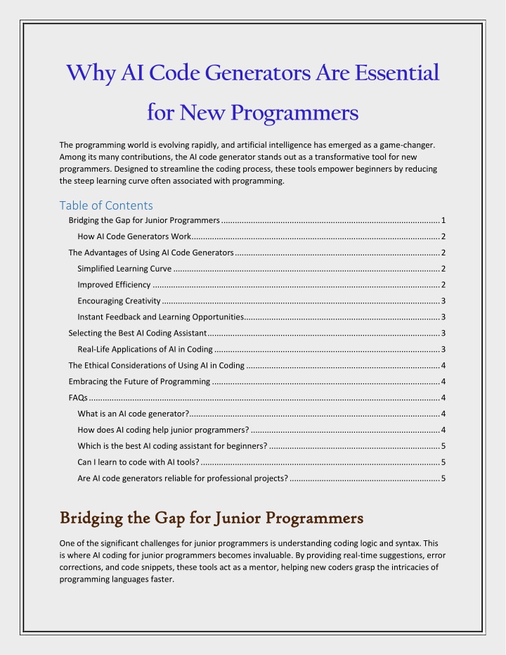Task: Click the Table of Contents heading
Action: [x=106, y=205]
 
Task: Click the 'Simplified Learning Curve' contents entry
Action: [x=124, y=268]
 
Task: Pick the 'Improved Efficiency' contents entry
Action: [x=114, y=284]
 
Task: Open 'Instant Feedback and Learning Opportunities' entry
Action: [x=160, y=317]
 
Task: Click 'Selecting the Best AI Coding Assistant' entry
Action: [x=137, y=333]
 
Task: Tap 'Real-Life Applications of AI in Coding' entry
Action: [x=145, y=349]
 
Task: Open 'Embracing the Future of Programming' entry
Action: [x=139, y=381]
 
